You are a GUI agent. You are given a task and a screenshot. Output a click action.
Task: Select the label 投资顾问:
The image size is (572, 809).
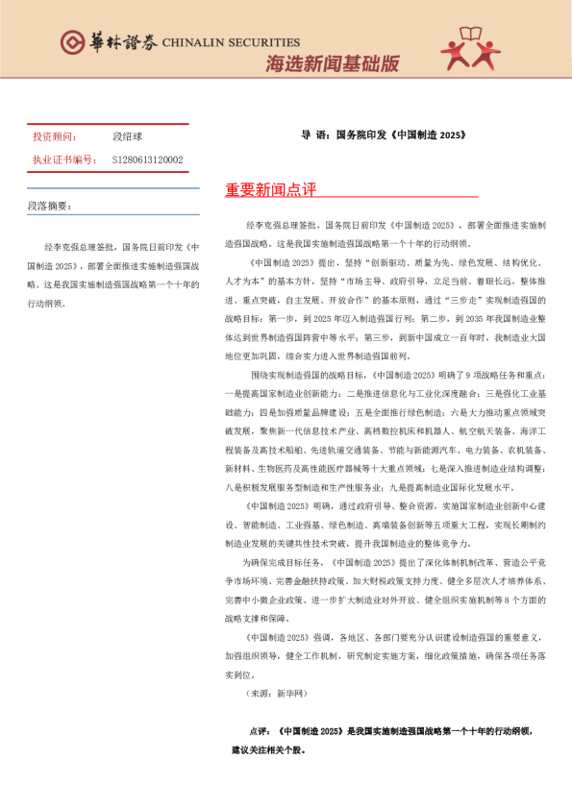pyautogui.click(x=52, y=137)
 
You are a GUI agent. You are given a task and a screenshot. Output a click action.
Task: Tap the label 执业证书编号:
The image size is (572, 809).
pyautogui.click(x=63, y=159)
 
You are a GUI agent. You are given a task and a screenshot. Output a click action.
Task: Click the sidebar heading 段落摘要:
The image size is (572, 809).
pyautogui.click(x=49, y=206)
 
